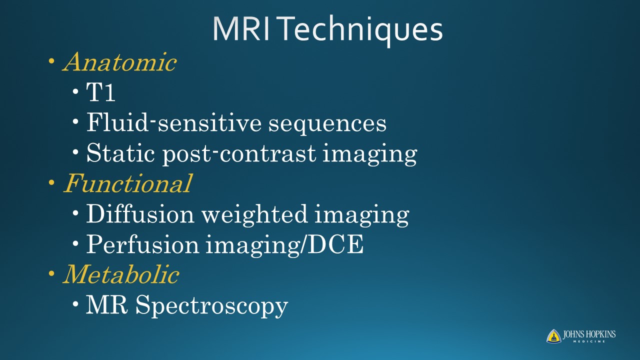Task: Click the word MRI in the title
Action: coord(241,29)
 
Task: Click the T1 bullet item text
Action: coord(101,92)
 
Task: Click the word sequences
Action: coord(327,125)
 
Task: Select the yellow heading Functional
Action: coord(127,183)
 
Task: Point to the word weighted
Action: coord(254,214)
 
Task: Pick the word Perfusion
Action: coord(142,244)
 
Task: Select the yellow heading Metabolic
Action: coord(121,274)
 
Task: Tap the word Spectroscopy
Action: coord(211,305)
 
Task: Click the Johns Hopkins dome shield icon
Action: coord(553,336)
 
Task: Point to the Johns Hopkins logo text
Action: coord(589,336)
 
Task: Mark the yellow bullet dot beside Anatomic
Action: coord(51,61)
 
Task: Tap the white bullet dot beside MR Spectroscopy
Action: coord(75,304)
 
